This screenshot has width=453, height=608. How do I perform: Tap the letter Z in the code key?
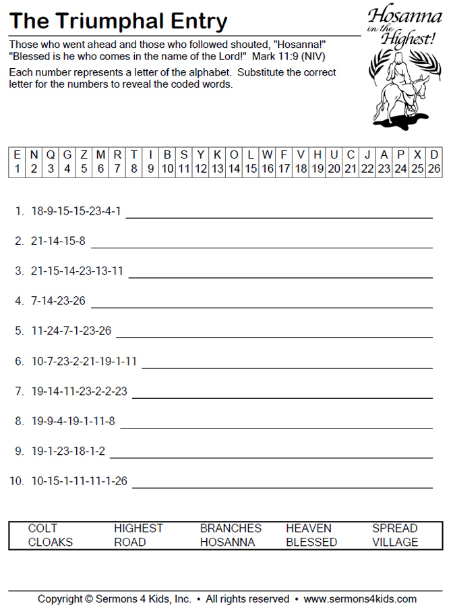coord(84,155)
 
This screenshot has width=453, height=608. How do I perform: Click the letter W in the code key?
coord(267,155)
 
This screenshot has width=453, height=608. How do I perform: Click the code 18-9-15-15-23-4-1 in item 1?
coord(76,211)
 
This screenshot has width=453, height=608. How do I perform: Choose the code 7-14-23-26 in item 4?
coord(58,301)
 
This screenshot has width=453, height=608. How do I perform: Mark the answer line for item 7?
coord(283,397)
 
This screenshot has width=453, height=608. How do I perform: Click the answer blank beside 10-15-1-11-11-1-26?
coord(286,487)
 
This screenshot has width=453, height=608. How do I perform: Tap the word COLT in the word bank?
coord(42,528)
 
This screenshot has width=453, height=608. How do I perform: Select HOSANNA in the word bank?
coord(227,543)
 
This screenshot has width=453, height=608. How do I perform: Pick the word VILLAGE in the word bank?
coord(395,543)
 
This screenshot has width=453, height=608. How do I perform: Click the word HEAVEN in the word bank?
coord(309,528)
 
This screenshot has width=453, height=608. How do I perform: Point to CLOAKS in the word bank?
coord(51,543)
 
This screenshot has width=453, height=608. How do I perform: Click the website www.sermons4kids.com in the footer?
coord(360,599)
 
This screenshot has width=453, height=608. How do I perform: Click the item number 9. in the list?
coord(19,451)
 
